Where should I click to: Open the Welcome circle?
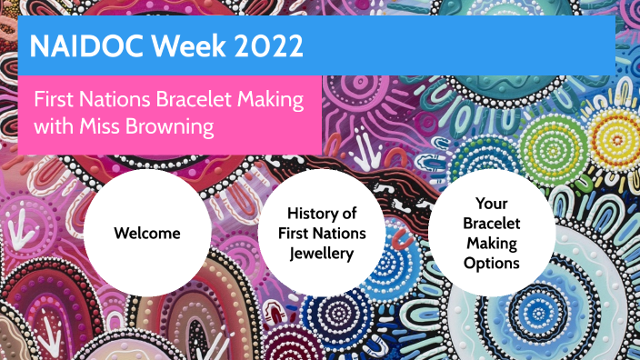146,233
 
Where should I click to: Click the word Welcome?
146,234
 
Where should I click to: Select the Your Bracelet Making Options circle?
491,233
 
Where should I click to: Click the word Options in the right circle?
491,264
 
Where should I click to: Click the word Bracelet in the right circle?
491,224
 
